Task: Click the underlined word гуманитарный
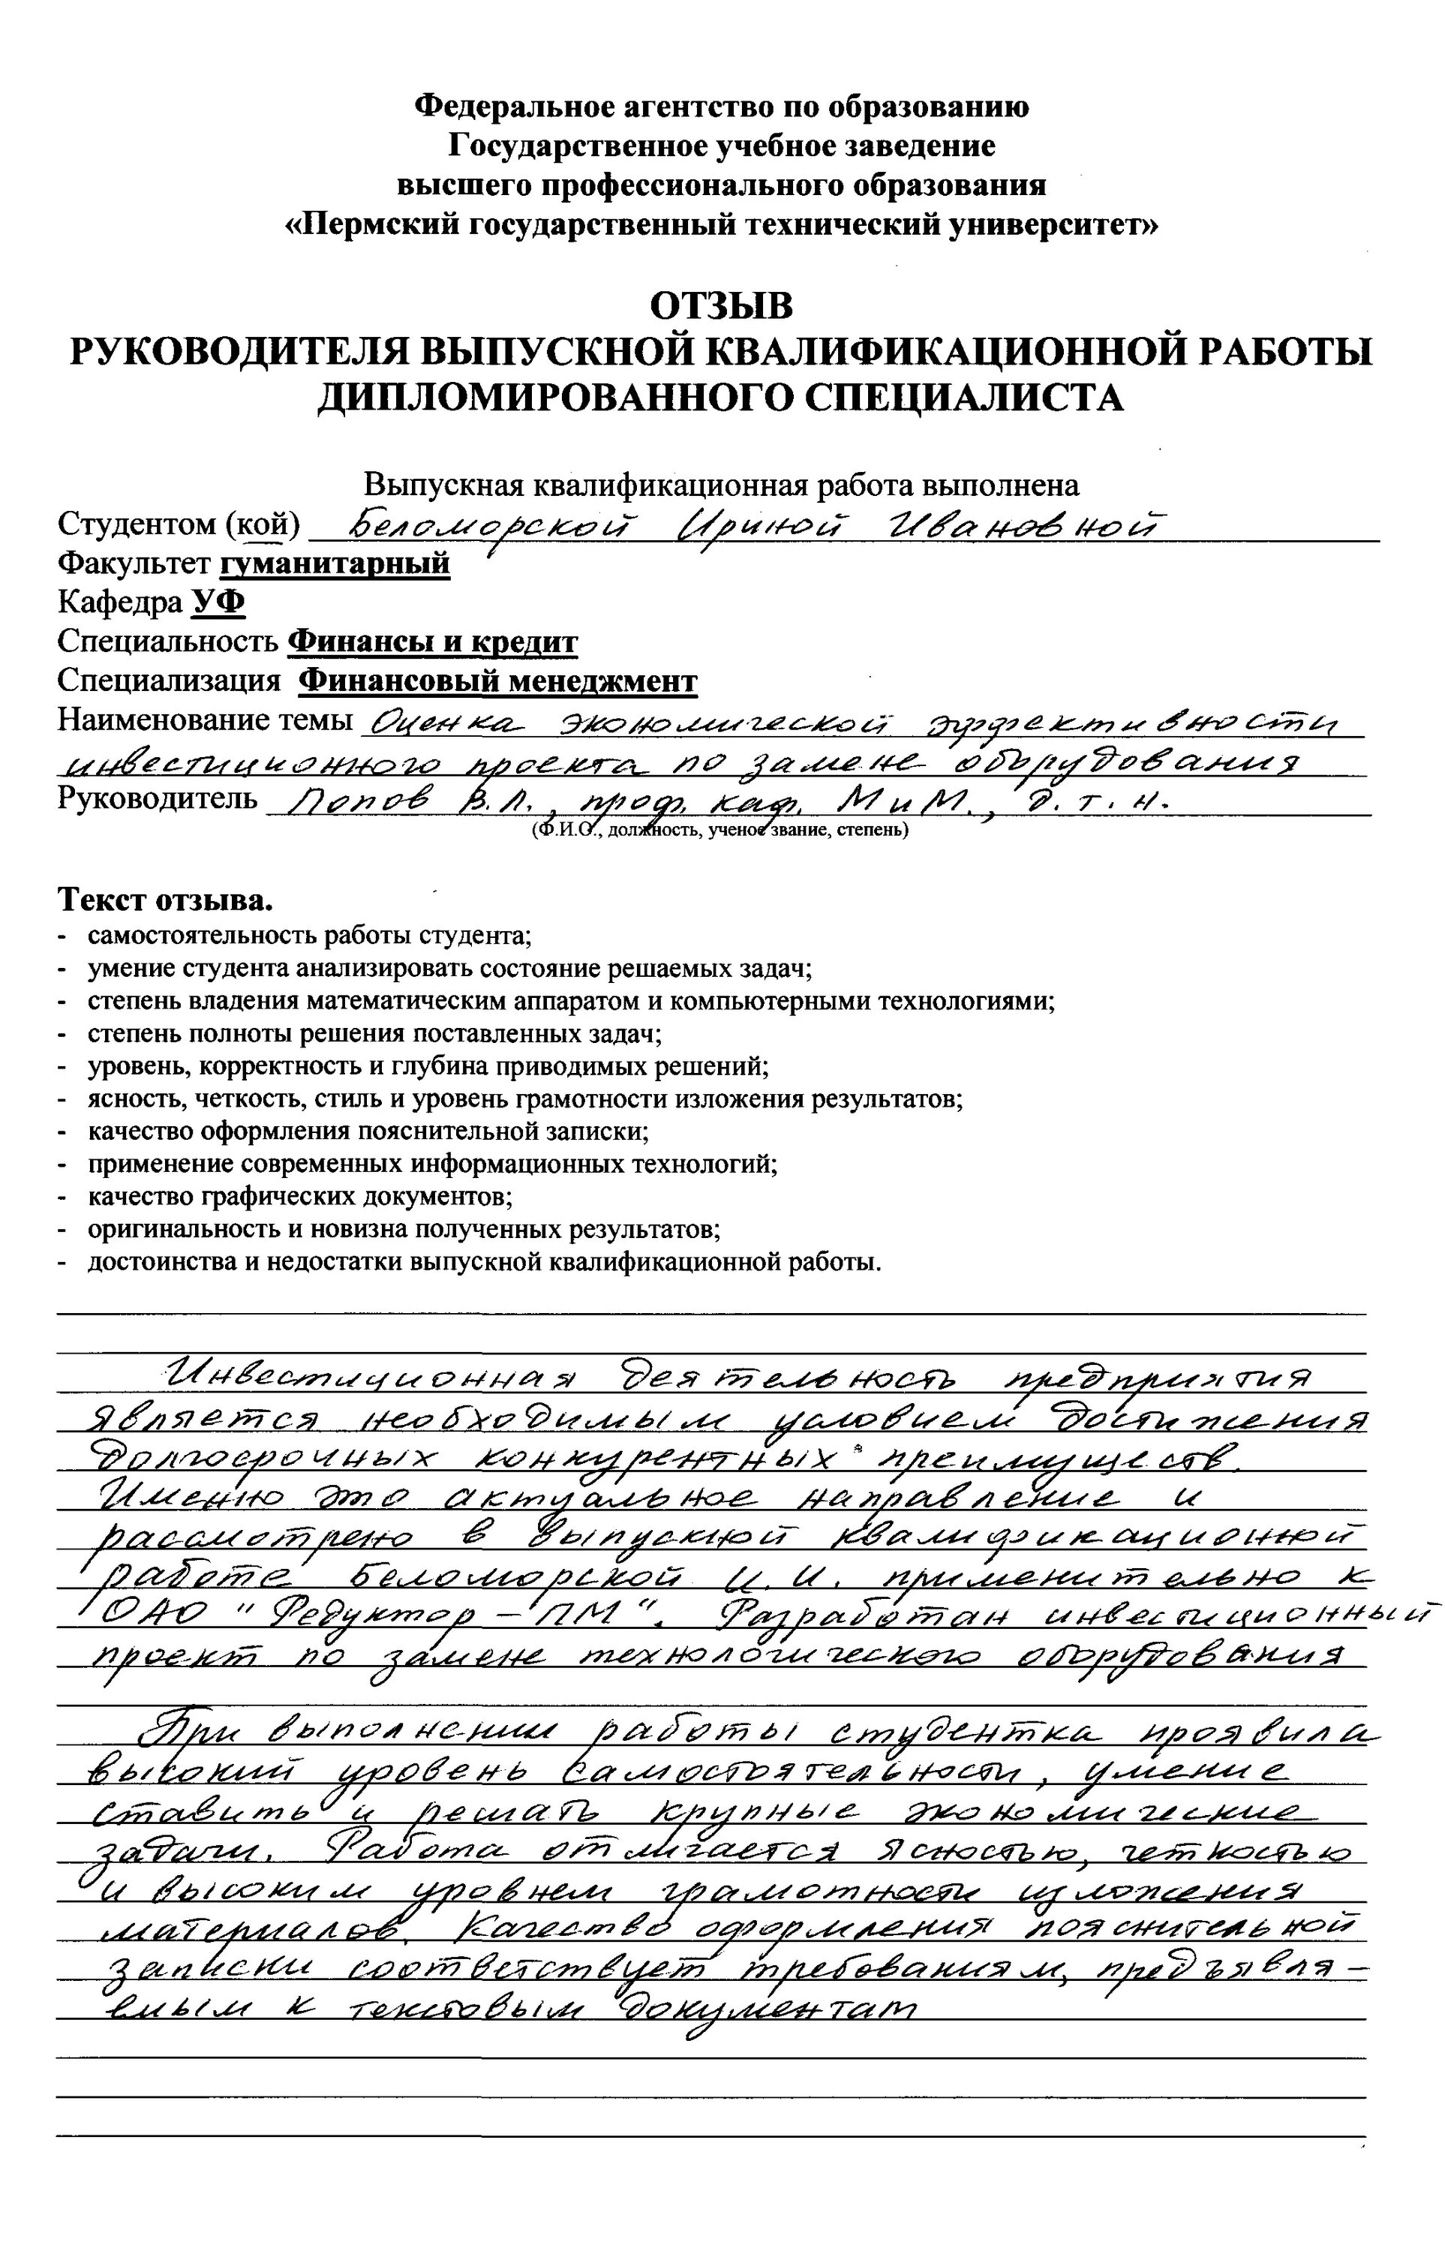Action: click(x=335, y=564)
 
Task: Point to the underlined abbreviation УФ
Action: click(x=218, y=603)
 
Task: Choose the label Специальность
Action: click(x=168, y=642)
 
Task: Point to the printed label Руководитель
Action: click(x=157, y=798)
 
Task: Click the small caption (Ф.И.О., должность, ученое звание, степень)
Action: click(x=719, y=831)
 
